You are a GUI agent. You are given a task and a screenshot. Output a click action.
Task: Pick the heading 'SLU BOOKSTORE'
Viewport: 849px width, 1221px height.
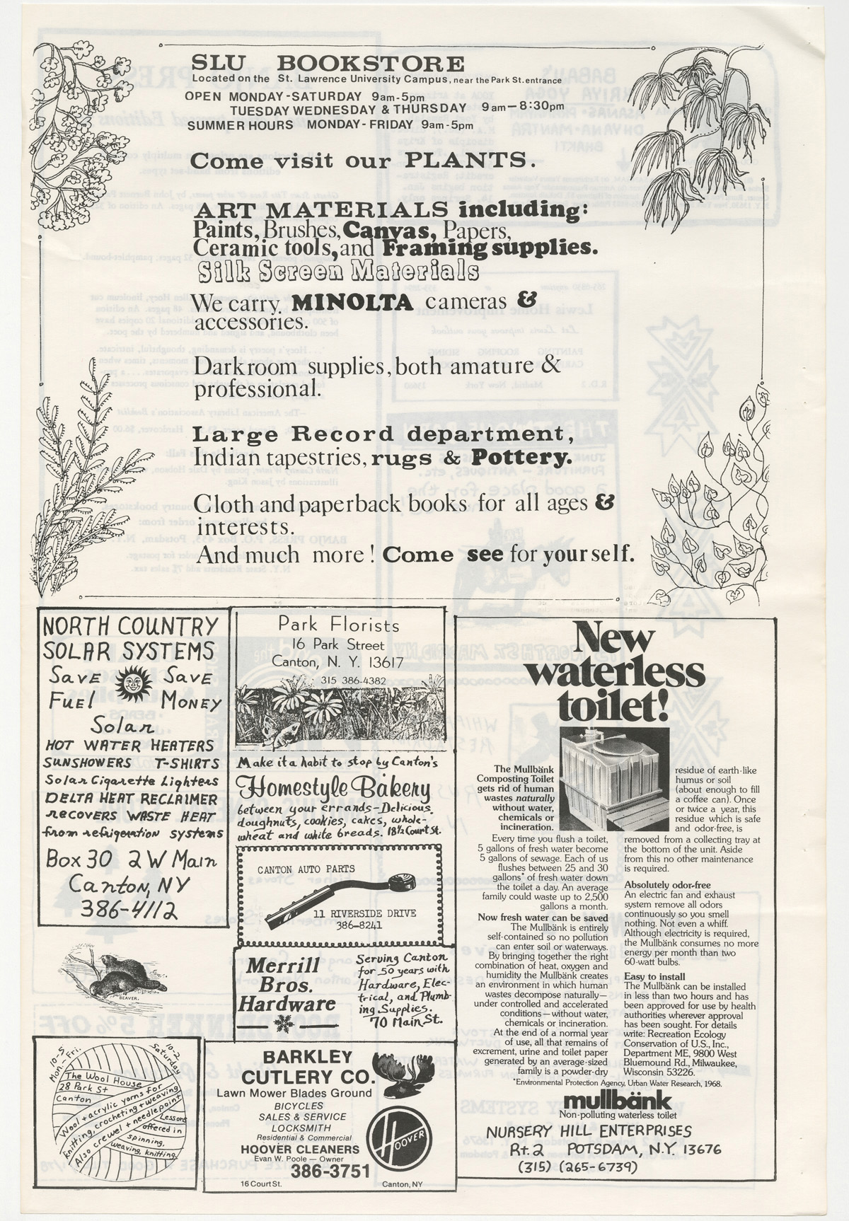coord(328,64)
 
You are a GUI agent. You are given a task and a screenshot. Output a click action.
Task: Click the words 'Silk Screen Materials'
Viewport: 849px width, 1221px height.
coord(338,272)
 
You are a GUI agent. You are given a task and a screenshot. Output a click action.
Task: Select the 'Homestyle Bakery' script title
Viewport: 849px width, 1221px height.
coord(334,787)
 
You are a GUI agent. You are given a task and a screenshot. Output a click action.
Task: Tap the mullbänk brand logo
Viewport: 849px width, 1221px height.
coord(618,1099)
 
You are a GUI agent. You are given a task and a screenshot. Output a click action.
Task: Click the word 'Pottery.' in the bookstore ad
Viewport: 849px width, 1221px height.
coord(522,457)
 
